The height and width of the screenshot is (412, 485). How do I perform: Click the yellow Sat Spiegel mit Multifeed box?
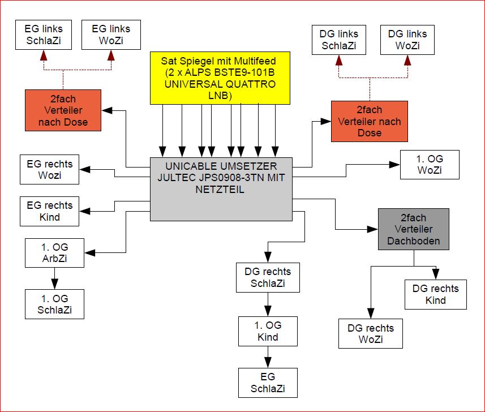tap(220, 78)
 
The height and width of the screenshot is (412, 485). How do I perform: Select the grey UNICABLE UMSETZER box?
tap(221, 189)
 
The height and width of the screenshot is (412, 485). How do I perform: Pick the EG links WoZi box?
tap(111, 35)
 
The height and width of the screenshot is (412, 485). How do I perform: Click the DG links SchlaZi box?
tap(338, 40)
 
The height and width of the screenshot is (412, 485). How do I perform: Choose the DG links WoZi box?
tap(407, 40)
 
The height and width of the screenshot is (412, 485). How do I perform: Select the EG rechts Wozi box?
tap(49, 169)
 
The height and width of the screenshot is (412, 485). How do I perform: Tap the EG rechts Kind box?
tap(49, 211)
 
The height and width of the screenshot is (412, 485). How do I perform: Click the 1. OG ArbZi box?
tap(54, 253)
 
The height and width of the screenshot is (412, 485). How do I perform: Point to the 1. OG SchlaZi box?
tap(54, 304)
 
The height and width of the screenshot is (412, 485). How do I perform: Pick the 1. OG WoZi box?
tap(430, 164)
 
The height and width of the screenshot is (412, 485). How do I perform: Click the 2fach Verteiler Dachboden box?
tap(413, 229)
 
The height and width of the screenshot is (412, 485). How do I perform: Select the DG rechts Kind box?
tap(435, 294)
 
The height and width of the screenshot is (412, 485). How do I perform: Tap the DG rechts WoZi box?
tap(371, 333)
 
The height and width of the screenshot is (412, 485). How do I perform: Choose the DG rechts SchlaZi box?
tap(268, 277)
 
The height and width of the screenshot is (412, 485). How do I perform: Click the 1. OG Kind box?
tap(268, 331)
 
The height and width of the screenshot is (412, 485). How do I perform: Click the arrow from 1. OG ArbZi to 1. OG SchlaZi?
tap(54, 278)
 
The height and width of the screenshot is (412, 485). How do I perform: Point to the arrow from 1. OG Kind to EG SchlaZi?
tap(268, 357)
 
